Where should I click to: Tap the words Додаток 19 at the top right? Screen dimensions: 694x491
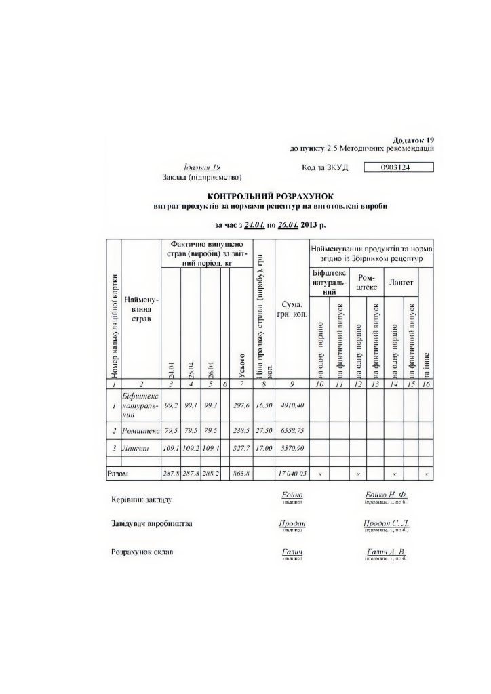(x=414, y=139)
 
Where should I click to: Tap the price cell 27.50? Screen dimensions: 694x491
(x=263, y=431)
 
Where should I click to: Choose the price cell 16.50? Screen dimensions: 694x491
(x=263, y=405)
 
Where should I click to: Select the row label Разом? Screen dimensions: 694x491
(x=118, y=473)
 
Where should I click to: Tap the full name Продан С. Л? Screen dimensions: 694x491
(x=386, y=524)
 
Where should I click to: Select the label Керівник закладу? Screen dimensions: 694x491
(x=141, y=500)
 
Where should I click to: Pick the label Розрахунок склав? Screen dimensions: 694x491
(x=142, y=552)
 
